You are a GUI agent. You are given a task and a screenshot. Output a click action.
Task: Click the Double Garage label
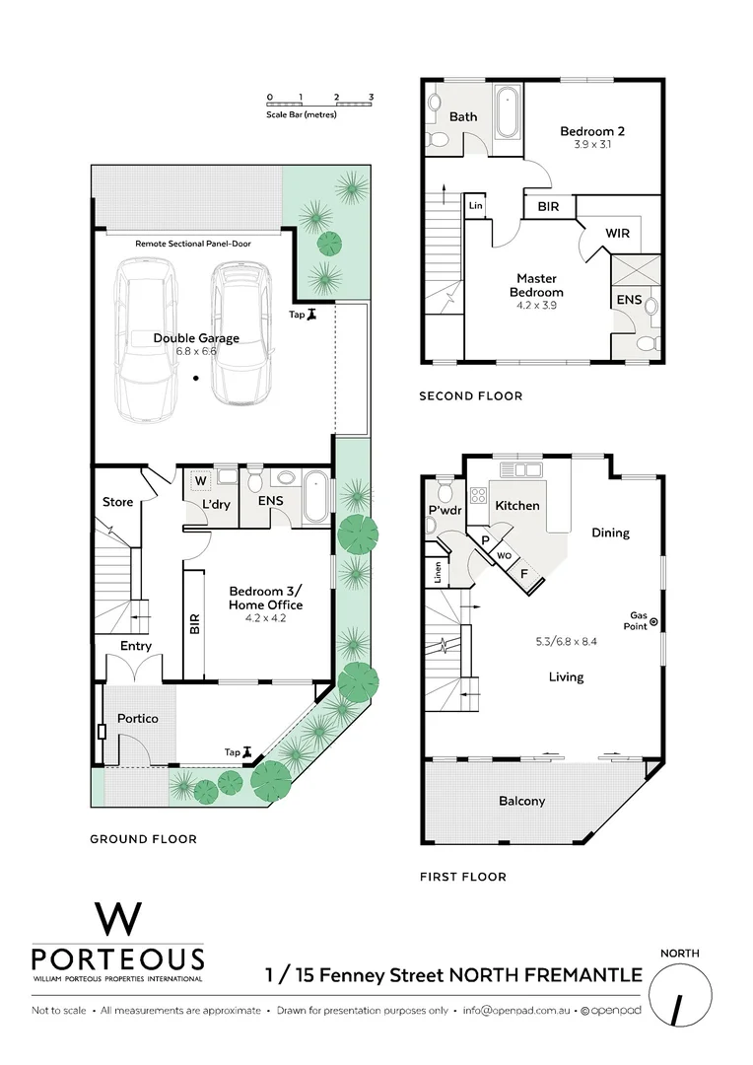(x=196, y=338)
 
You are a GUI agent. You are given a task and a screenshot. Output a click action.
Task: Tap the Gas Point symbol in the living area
(x=652, y=620)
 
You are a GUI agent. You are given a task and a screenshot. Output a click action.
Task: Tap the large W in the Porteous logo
(x=118, y=919)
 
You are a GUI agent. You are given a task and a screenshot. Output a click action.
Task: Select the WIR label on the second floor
(x=617, y=234)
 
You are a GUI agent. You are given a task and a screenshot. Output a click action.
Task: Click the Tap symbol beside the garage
(x=312, y=315)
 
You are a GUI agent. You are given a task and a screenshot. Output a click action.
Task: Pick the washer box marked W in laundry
(x=200, y=481)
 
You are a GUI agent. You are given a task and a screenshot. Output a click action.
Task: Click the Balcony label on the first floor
(x=521, y=801)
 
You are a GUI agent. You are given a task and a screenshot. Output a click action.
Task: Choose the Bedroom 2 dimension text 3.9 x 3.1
(x=592, y=145)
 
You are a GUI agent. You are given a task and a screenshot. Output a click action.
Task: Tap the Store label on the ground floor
(x=117, y=502)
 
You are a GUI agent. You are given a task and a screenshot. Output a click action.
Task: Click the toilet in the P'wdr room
(x=444, y=489)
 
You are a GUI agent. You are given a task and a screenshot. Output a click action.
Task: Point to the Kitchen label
(x=517, y=505)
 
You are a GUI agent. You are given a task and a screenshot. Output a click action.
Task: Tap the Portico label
(x=137, y=718)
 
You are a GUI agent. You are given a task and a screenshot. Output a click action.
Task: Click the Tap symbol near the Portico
(x=247, y=751)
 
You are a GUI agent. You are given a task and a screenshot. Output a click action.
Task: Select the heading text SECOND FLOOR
(x=470, y=396)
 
